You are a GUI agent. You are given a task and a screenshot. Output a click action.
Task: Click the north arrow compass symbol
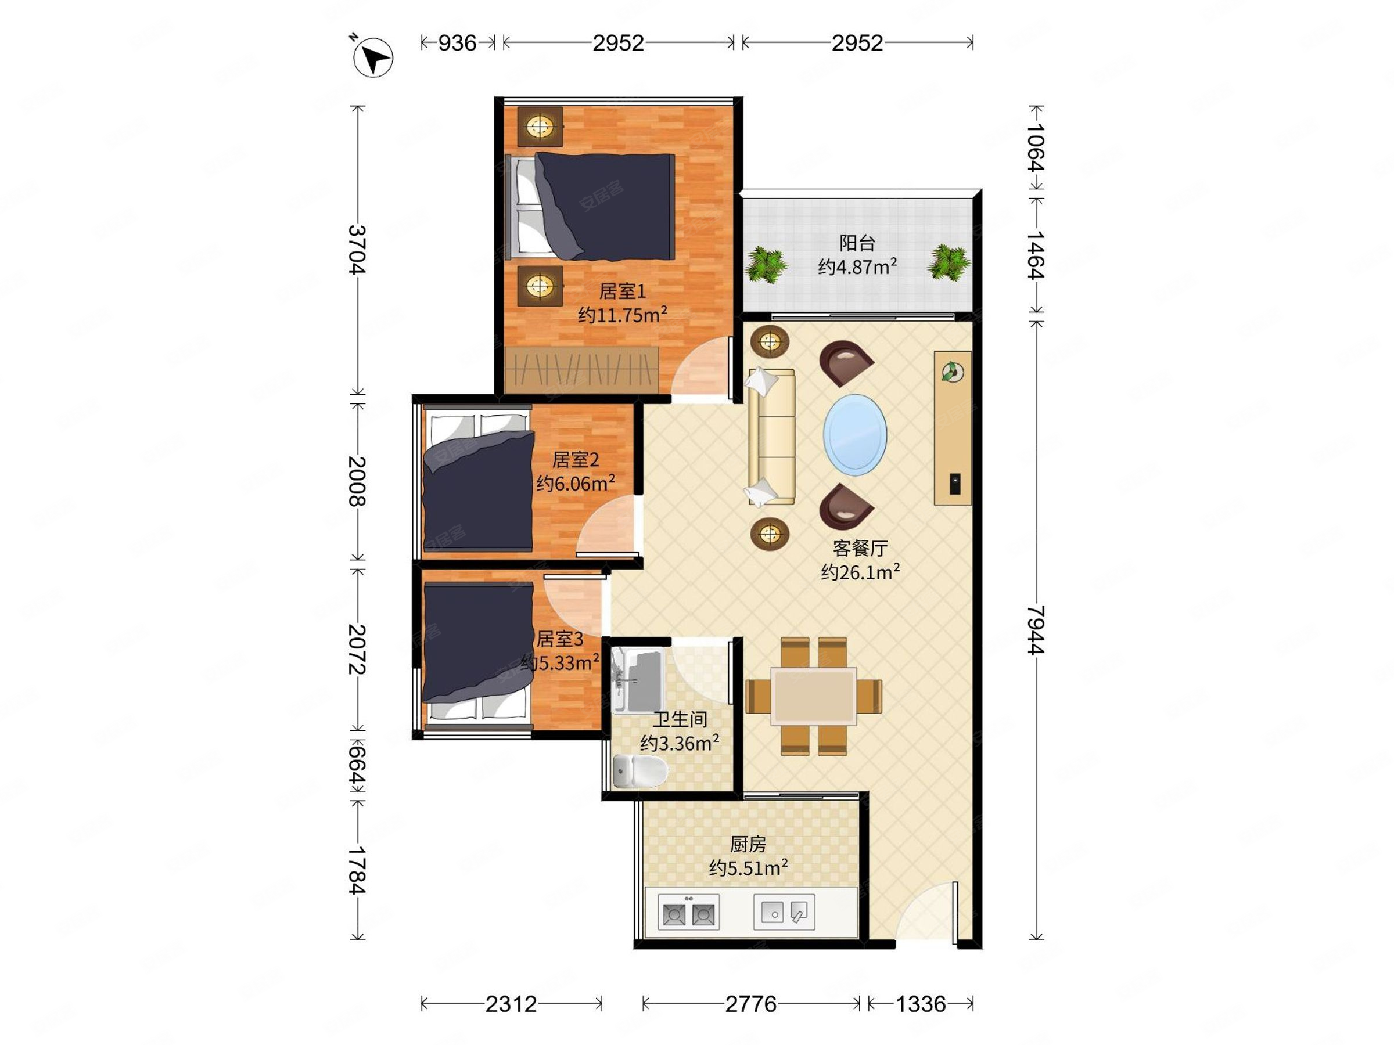pos(372,57)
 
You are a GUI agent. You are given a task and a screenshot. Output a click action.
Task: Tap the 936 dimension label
pos(458,43)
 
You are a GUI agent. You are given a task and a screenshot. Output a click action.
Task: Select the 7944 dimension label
pos(1036,629)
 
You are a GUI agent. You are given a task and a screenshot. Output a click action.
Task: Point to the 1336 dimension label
pos(921,1003)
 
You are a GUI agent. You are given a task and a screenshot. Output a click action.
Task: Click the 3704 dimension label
pos(357,250)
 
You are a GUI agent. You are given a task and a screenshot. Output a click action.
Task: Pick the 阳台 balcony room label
pos(857,243)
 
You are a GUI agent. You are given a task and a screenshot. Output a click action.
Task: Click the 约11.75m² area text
pos(623,314)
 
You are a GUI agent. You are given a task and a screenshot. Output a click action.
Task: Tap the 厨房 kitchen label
pos(748,844)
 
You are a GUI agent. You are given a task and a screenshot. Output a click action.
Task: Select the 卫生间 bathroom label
pos(680,719)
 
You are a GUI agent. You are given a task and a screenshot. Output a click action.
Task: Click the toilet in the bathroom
pos(639,771)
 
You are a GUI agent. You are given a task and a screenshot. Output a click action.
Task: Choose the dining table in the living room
pos(814,696)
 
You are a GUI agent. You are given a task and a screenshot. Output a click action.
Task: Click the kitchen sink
pos(784,912)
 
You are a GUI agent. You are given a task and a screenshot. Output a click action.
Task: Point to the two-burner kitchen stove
pos(688,912)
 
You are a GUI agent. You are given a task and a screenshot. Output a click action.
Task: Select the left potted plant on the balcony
pos(766,264)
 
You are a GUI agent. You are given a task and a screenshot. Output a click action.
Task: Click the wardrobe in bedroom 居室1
pos(581,370)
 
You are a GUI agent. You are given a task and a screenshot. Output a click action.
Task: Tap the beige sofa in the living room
pos(771,437)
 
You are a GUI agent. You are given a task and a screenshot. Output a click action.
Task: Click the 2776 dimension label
pos(750,1003)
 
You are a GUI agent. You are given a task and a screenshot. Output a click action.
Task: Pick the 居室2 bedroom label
pos(576,459)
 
